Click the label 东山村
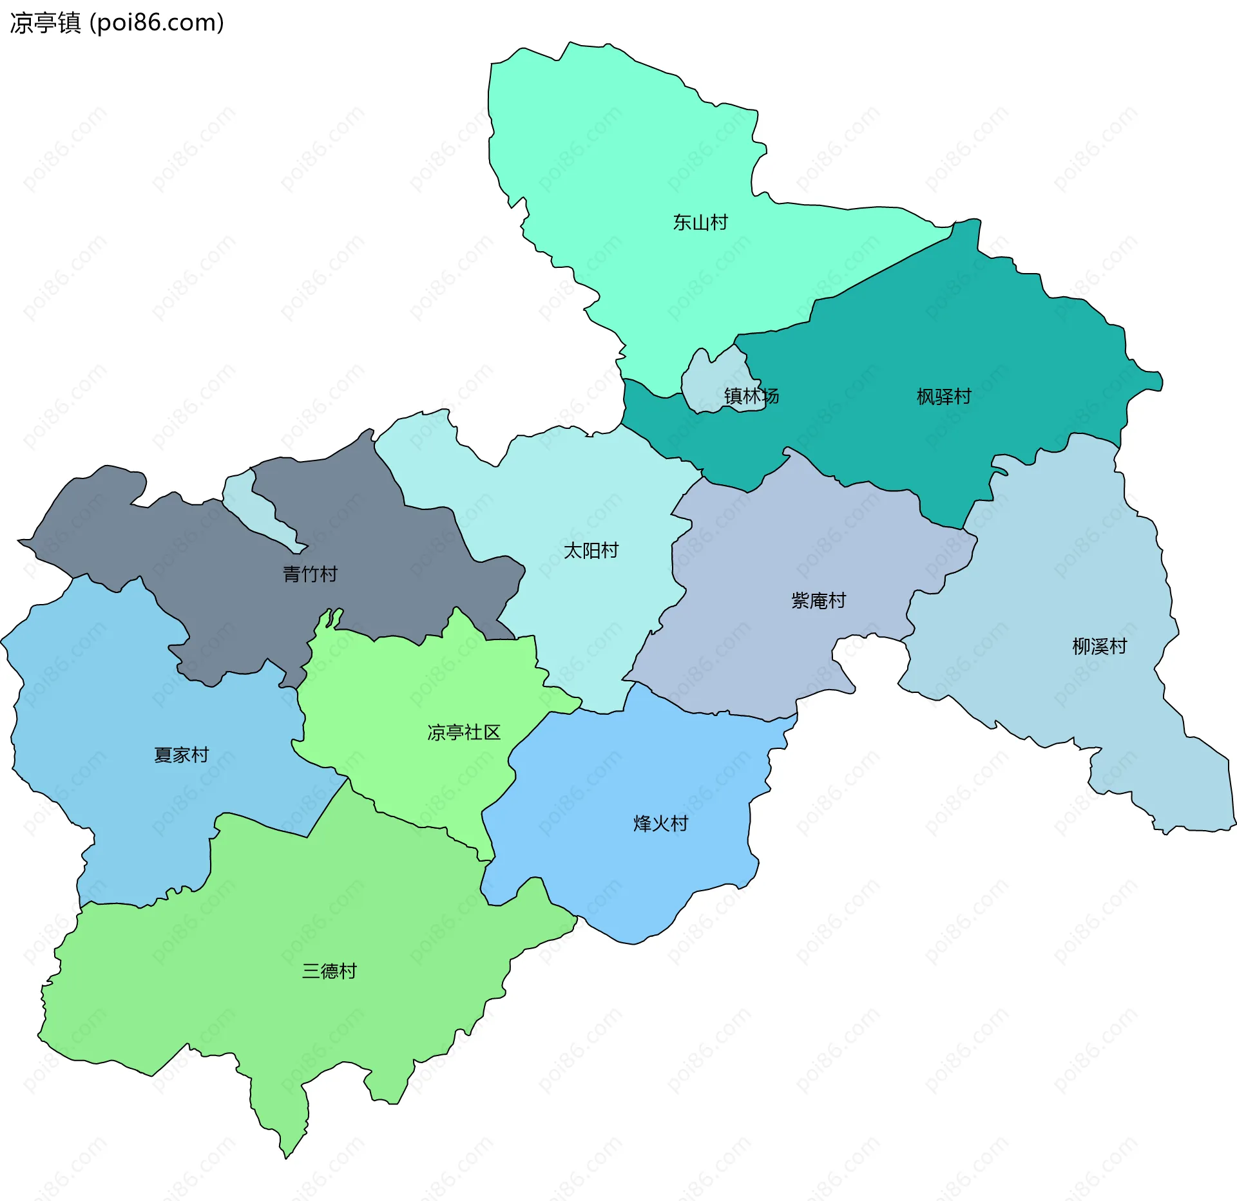pyautogui.click(x=700, y=223)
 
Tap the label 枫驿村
pyautogui.click(x=944, y=397)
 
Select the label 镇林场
pyautogui.click(x=751, y=396)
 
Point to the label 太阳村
pyautogui.click(x=591, y=551)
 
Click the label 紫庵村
pyautogui.click(x=818, y=601)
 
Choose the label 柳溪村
pyautogui.click(x=1099, y=647)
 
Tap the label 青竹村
pyautogui.click(x=310, y=574)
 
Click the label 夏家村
pyautogui.click(x=181, y=755)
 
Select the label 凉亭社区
pyautogui.click(x=464, y=733)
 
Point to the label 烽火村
pyautogui.click(x=660, y=824)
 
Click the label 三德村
pyautogui.click(x=329, y=971)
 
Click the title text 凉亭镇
pyautogui.click(x=45, y=23)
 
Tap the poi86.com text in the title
pyautogui.click(x=157, y=23)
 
